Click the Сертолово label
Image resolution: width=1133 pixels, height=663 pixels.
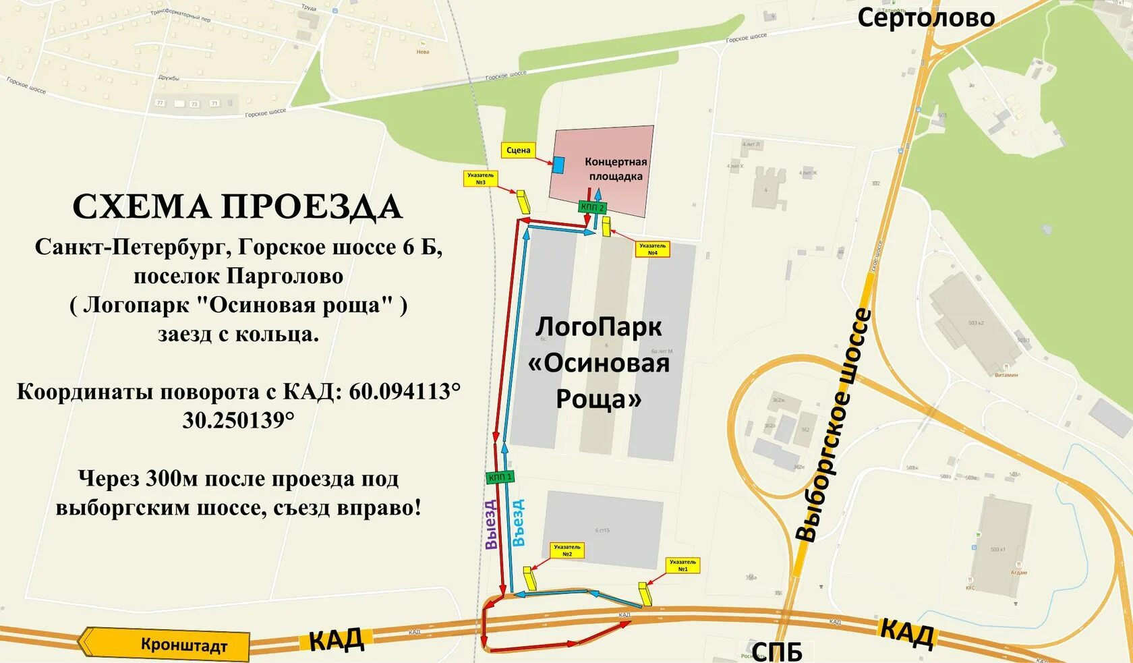925,18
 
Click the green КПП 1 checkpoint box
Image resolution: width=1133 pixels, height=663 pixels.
500,477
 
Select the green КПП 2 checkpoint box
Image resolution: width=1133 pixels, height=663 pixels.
591,207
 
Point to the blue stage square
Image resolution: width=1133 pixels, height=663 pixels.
558,164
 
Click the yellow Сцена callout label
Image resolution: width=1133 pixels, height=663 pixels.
518,150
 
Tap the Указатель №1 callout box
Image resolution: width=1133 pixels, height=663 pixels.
682,565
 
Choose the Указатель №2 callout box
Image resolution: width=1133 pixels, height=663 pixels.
566,550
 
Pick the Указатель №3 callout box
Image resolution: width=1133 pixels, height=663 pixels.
480,179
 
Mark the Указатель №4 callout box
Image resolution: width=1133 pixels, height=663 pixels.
652,250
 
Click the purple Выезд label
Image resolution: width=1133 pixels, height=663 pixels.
491,524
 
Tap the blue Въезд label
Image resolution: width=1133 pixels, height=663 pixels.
518,523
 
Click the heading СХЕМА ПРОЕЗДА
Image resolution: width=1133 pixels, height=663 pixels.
237,207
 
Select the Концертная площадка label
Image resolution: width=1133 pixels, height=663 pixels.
615,169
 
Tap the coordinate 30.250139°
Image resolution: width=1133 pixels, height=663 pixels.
238,420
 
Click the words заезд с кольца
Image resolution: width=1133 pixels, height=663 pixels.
238,334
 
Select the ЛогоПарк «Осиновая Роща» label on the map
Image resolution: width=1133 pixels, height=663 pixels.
598,363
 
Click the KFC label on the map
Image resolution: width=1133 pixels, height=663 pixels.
970,587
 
